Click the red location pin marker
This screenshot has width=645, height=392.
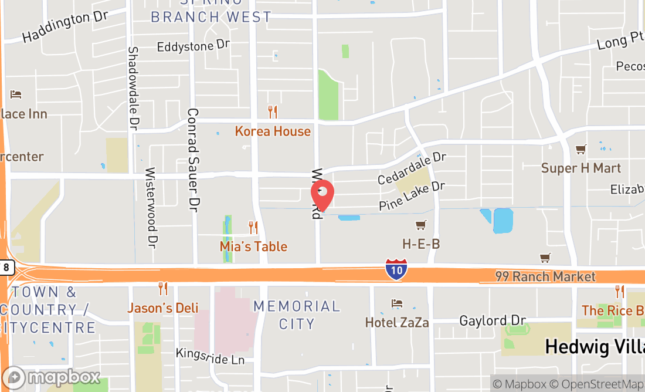point(322,194)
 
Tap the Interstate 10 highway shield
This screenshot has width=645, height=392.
point(396,270)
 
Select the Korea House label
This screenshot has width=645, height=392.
point(273,131)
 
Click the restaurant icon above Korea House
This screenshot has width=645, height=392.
point(272,111)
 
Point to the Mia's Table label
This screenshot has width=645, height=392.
point(253,246)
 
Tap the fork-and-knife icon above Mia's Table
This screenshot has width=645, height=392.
point(253,227)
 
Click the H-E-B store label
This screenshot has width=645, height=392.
point(420,244)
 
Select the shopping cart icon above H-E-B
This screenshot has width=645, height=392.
point(420,225)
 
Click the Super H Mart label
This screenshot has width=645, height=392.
point(580,168)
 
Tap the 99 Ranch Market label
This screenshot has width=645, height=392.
point(545,276)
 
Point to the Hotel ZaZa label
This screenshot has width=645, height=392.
point(397,323)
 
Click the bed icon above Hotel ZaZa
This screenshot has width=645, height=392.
point(397,303)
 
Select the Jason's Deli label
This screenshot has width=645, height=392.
point(163,308)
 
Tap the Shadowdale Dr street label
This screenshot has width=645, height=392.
point(133,88)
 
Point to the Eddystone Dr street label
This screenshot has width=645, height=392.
point(193,46)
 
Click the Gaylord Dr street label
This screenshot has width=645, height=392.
point(493,321)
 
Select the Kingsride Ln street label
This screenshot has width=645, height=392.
point(210,356)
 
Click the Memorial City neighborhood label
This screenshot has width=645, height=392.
point(297,315)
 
